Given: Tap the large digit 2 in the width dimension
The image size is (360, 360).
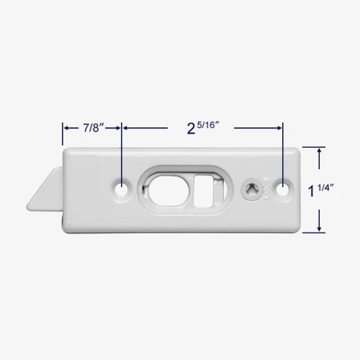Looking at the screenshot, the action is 191,129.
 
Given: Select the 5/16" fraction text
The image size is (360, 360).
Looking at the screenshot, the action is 208,125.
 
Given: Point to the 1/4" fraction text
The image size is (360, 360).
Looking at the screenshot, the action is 325,188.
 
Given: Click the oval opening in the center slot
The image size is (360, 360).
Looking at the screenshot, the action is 167,190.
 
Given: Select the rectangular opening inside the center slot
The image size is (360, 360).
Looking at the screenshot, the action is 204,192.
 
